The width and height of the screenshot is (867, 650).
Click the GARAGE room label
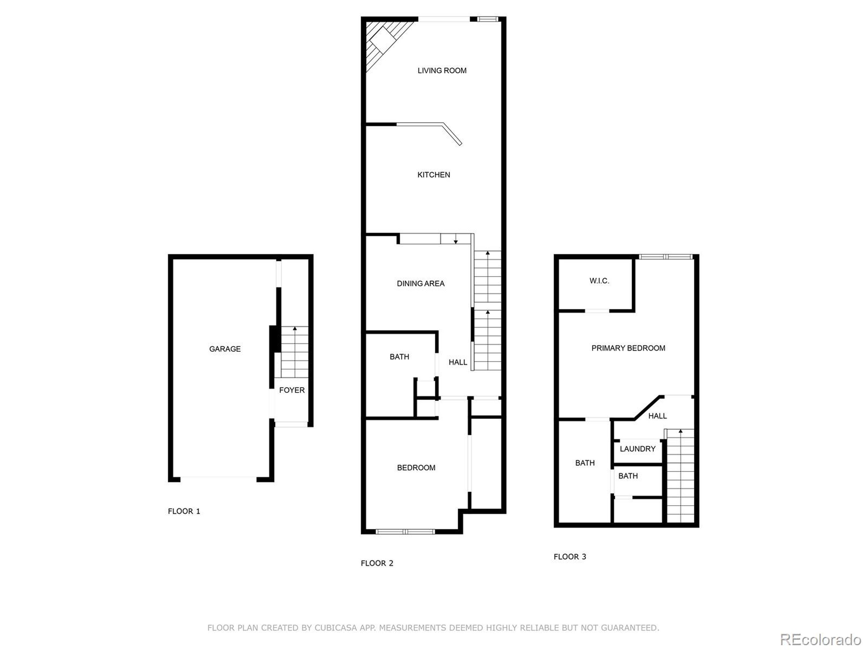tap(225, 349)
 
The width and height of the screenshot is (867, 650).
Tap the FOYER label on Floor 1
tap(292, 390)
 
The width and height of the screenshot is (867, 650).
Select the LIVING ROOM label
tap(442, 70)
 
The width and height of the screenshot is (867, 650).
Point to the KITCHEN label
tap(433, 175)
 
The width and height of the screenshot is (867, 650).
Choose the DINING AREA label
tap(421, 283)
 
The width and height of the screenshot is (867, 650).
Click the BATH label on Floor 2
tap(399, 356)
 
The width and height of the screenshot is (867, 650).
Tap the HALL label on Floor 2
tap(458, 362)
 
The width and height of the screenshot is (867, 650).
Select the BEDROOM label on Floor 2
tap(416, 468)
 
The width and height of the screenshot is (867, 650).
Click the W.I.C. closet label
tap(599, 281)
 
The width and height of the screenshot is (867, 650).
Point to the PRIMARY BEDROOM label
tap(628, 348)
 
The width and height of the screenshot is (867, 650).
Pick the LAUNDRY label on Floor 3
tap(637, 449)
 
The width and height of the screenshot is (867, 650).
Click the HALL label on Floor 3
tap(657, 416)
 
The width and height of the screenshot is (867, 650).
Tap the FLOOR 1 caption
tap(184, 511)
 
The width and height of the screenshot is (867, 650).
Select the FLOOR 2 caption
tap(377, 563)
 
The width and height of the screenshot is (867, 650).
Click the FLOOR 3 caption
tap(570, 556)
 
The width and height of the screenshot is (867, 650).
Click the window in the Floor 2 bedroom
tap(405, 532)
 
